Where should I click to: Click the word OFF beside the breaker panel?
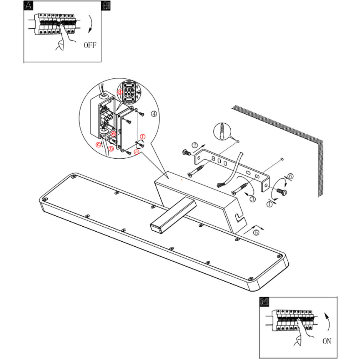coord(90,45)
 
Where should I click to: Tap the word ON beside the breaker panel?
coord(326,341)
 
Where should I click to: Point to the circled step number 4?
coord(154,114)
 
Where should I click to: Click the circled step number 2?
coord(195,145)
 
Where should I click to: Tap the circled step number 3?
coord(253,199)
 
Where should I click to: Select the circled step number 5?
coord(256,232)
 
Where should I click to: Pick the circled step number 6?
coord(290,176)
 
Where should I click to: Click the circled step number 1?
coord(269,204)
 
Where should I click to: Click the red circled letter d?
coord(120,92)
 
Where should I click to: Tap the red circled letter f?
coord(143,137)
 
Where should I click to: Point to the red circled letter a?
coord(136,151)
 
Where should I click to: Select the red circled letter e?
coord(113,134)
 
